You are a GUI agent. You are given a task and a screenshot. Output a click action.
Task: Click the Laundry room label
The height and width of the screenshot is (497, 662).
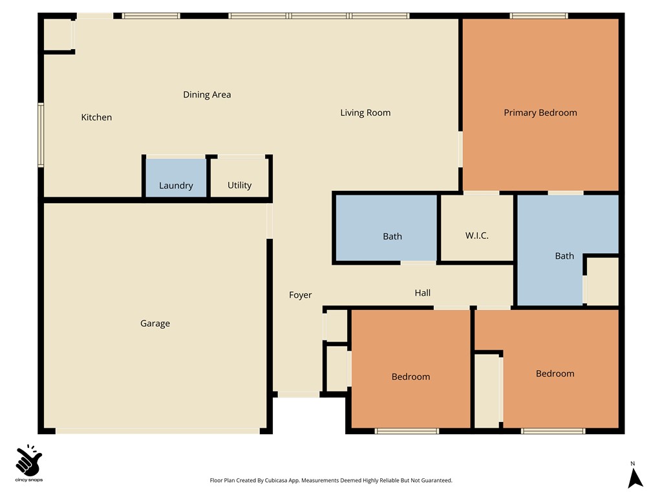pos(176,186)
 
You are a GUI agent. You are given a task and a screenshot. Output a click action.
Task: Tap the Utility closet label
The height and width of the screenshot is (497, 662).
pos(239,186)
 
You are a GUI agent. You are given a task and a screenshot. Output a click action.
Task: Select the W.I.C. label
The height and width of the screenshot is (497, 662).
pos(477,236)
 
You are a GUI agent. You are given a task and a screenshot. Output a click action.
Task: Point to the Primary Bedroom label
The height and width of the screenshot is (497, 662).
pos(540,113)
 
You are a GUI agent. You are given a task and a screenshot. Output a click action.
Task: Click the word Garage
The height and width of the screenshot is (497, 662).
pos(155,324)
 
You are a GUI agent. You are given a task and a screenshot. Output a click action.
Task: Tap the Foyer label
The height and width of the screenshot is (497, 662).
pos(300,295)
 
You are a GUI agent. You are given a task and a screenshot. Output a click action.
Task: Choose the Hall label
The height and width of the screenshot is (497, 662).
pos(422,293)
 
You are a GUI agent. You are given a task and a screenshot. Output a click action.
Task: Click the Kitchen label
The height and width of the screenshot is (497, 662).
pos(96,117)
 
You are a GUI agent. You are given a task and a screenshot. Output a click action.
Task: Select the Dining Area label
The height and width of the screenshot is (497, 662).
pos(207,94)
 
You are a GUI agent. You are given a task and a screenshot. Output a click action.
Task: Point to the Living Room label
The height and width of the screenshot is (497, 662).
pos(365,113)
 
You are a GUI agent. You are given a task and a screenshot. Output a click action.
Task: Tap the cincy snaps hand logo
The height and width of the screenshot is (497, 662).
pos(29,460)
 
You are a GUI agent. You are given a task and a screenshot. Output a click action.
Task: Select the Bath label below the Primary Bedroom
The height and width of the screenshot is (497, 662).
pos(564,256)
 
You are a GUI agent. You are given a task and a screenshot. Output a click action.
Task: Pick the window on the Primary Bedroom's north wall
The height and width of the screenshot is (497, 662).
pos(539,16)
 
